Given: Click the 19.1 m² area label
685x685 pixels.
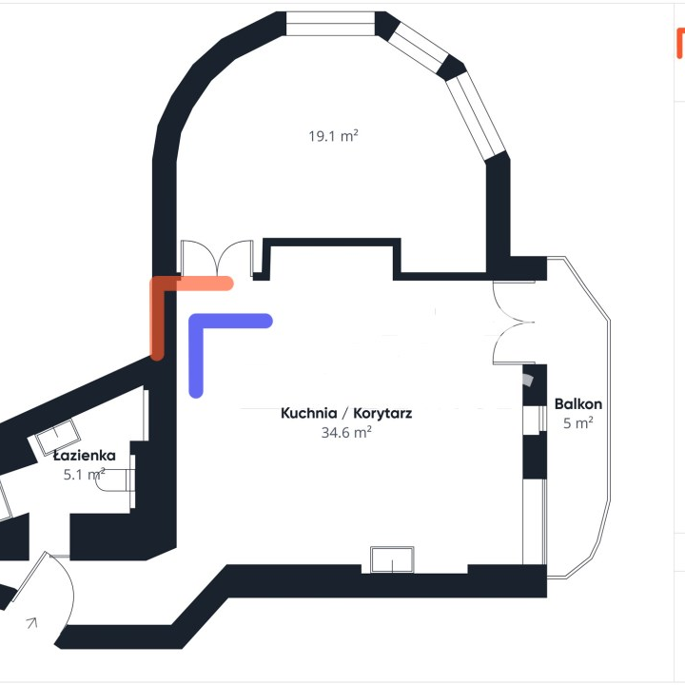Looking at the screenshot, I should pyautogui.click(x=332, y=136).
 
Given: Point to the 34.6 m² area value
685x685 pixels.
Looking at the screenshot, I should pyautogui.click(x=345, y=431).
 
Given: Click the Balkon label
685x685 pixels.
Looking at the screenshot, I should pyautogui.click(x=577, y=403).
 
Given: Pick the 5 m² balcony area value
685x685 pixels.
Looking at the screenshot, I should pyautogui.click(x=577, y=422).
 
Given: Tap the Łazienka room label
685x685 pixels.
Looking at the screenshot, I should pyautogui.click(x=85, y=456).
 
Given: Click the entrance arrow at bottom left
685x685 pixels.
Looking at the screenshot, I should pyautogui.click(x=31, y=623).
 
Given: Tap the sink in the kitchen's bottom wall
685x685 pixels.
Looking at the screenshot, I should pyautogui.click(x=392, y=559).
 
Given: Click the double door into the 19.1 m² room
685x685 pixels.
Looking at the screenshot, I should pyautogui.click(x=217, y=258).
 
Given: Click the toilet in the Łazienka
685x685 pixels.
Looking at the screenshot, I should pyautogui.click(x=117, y=481).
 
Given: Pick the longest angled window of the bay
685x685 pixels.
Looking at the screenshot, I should pyautogui.click(x=478, y=116).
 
